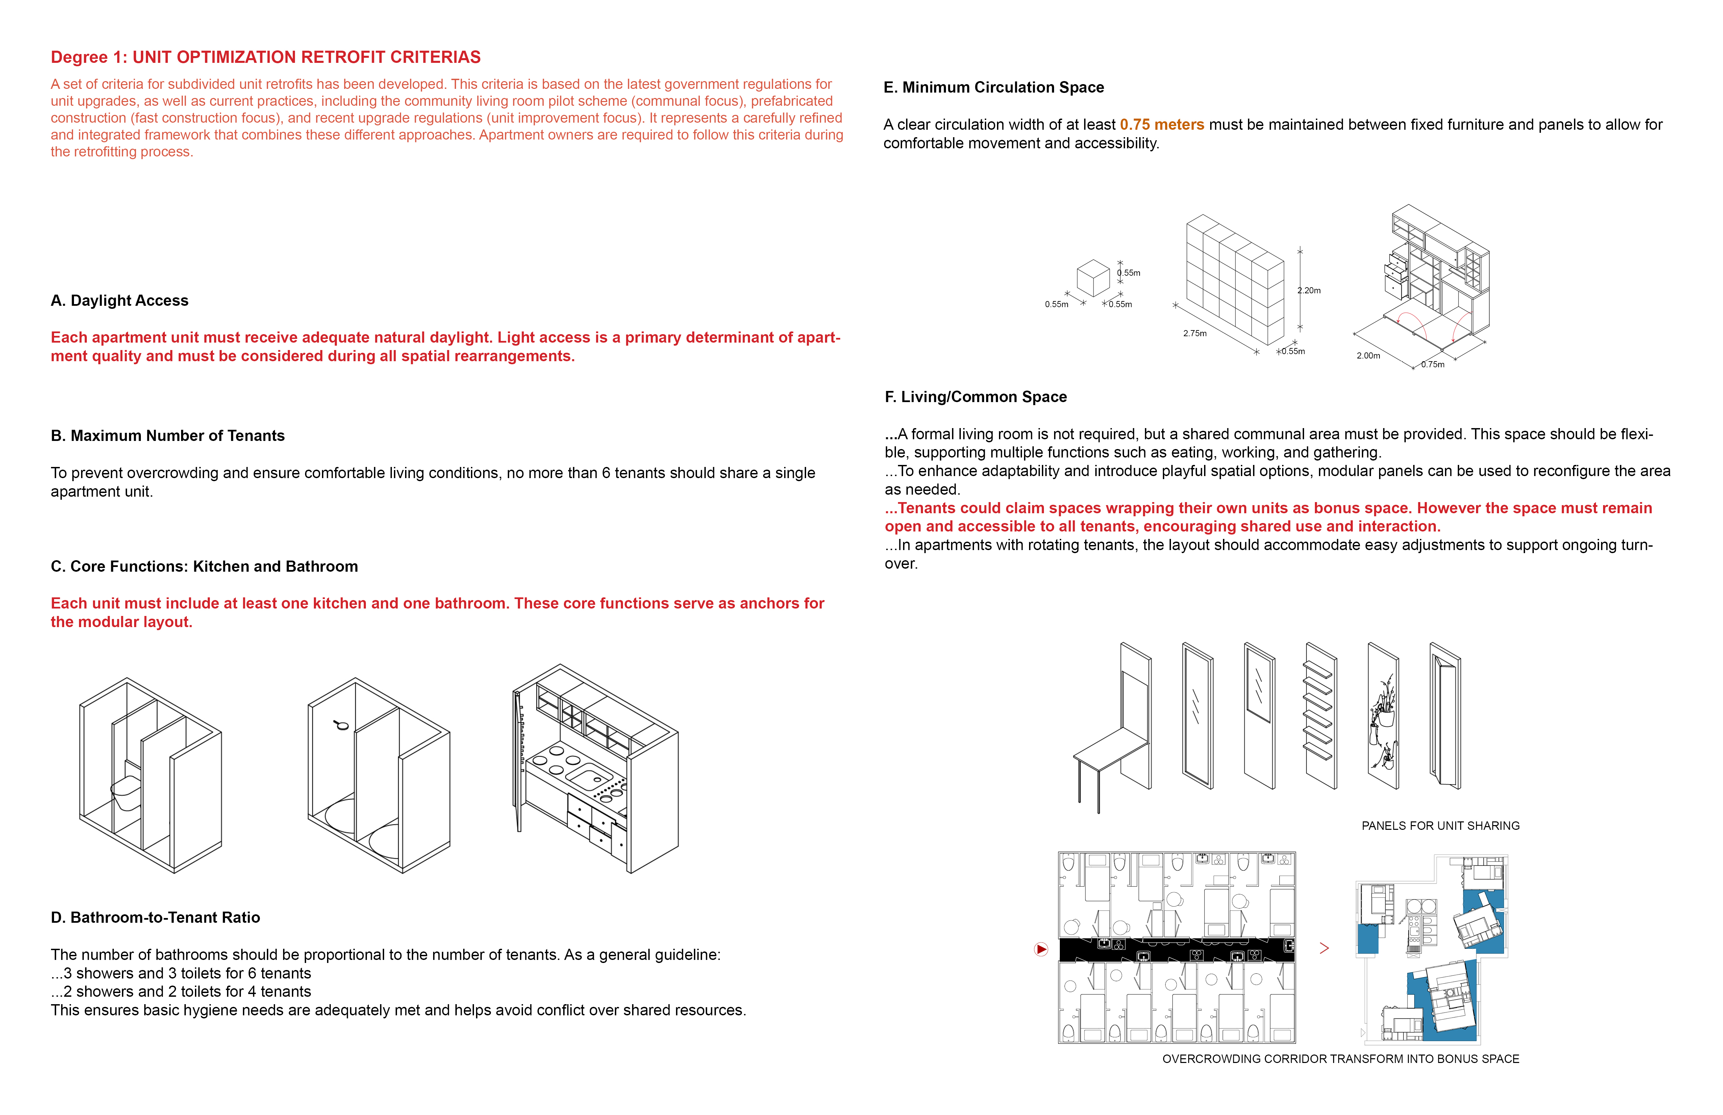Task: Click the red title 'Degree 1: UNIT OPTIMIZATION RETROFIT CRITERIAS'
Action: click(x=266, y=57)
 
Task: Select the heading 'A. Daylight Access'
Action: click(x=120, y=300)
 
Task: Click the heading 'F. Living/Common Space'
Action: click(x=976, y=397)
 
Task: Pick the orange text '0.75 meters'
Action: click(x=1162, y=125)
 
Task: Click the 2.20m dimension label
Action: click(x=1309, y=290)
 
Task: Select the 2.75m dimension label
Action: click(x=1195, y=333)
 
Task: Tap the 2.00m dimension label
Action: click(x=1368, y=355)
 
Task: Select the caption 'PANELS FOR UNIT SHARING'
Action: click(x=1441, y=826)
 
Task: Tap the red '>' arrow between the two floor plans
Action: click(x=1324, y=948)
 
